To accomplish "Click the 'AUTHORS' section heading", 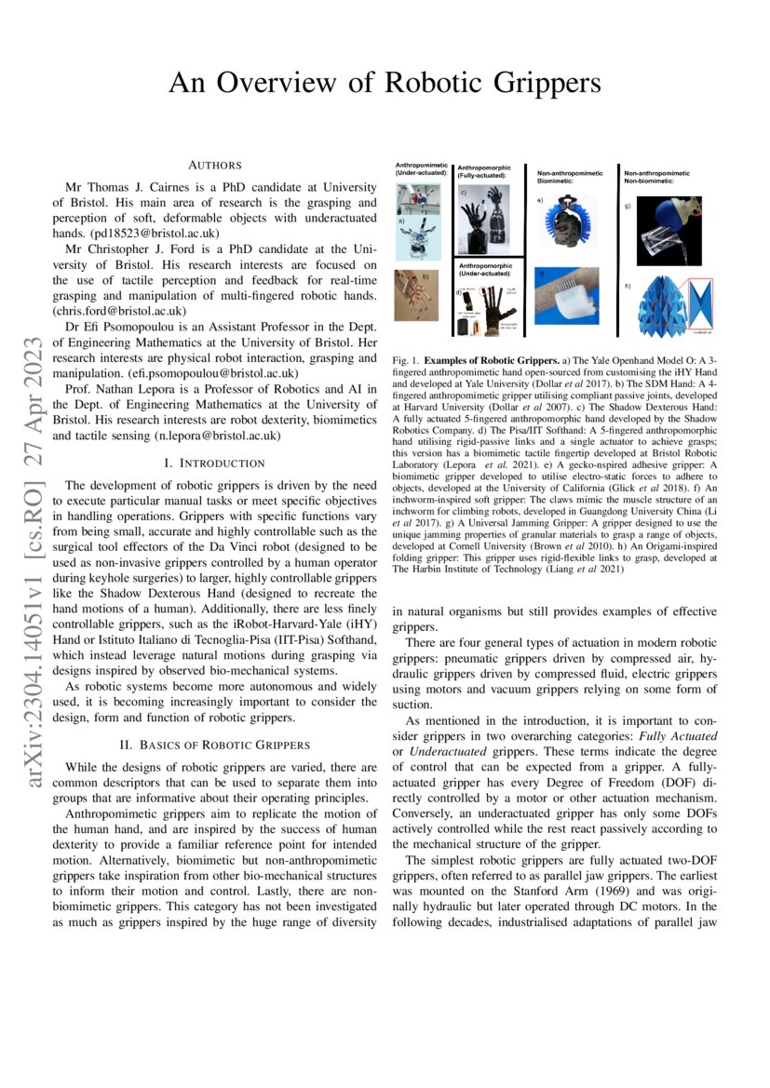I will [x=215, y=166].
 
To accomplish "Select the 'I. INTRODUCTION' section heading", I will [x=215, y=463].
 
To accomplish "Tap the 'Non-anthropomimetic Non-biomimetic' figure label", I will [x=657, y=177].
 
